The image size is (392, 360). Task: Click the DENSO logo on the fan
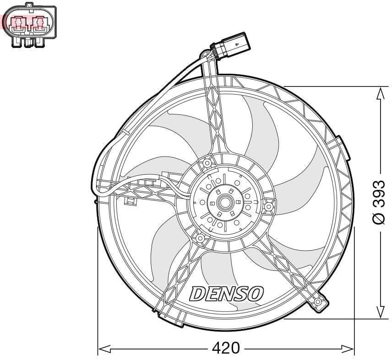tap(227, 293)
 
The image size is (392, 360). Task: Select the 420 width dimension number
tap(226, 349)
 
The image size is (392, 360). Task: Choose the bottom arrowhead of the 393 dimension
tap(380, 312)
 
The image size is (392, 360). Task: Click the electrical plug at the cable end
tap(231, 46)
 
